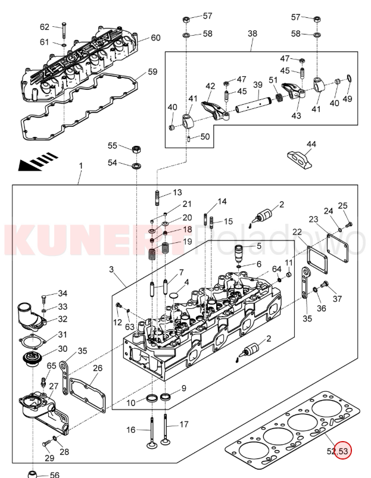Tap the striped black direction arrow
(x=38, y=161)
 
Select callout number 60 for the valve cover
(x=155, y=38)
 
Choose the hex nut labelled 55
(x=136, y=148)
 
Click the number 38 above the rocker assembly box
(x=252, y=34)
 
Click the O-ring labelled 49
(x=348, y=79)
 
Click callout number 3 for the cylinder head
(x=111, y=270)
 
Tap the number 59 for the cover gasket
(x=152, y=72)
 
